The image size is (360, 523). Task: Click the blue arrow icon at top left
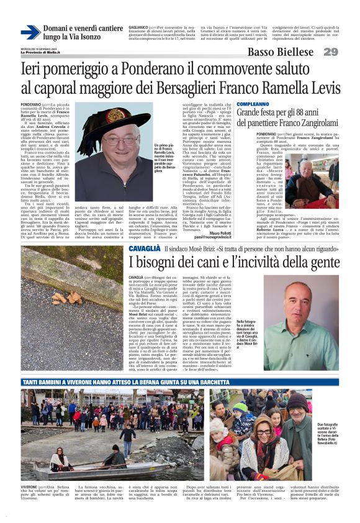[30, 32]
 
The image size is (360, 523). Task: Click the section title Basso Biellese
[282, 52]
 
